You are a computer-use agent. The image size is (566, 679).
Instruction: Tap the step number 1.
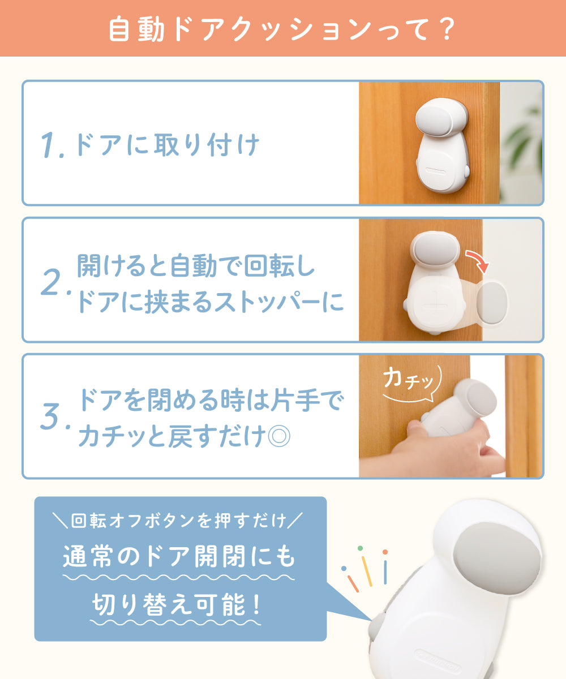[x=49, y=145]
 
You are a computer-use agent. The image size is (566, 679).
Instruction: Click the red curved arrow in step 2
[x=478, y=260]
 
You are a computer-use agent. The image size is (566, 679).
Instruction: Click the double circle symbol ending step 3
[x=279, y=436]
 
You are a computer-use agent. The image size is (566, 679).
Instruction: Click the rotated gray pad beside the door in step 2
[x=492, y=303]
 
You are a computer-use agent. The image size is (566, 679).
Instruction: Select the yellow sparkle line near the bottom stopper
[x=367, y=571]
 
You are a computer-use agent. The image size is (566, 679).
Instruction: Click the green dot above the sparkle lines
[x=360, y=548]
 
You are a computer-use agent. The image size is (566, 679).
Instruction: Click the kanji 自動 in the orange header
[x=136, y=29]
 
